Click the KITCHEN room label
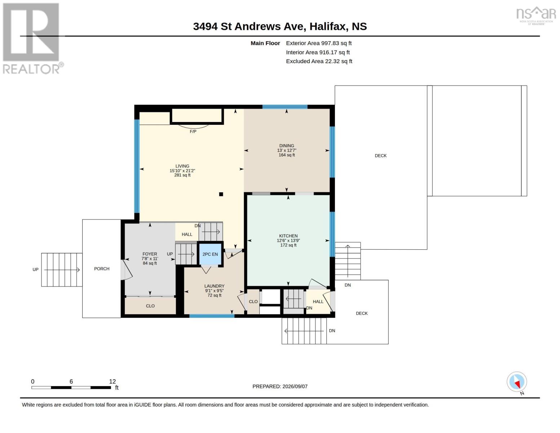[288, 236]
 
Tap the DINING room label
[287, 146]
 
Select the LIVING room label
[182, 166]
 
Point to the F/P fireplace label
[193, 132]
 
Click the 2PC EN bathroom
[210, 254]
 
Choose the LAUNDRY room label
[214, 286]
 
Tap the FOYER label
[150, 254]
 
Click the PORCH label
[102, 269]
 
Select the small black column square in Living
[221, 194]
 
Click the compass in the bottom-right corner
[517, 382]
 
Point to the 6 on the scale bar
[71, 381]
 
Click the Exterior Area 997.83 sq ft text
[319, 43]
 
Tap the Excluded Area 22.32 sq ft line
[319, 61]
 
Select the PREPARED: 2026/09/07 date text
[280, 386]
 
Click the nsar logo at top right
[536, 16]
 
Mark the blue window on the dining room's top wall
[285, 107]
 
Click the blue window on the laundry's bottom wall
[212, 316]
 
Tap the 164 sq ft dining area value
[287, 155]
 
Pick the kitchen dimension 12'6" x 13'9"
[288, 240]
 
